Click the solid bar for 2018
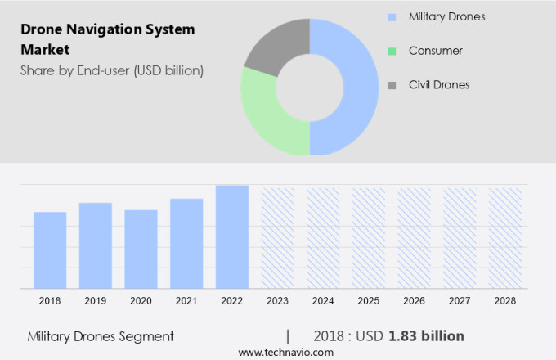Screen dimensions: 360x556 pyautogui.click(x=50, y=250)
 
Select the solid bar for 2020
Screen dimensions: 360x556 pyautogui.click(x=141, y=249)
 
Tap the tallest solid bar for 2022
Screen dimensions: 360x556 pyautogui.click(x=231, y=236)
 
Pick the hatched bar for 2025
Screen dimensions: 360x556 pyautogui.click(x=368, y=238)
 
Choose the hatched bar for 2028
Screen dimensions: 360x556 pyautogui.click(x=504, y=238)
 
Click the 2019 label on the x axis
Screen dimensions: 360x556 pyautogui.click(x=95, y=301)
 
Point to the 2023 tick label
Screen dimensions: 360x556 pyautogui.click(x=277, y=301)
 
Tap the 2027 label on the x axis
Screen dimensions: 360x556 pyautogui.click(x=460, y=301)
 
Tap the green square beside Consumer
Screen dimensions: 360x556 pyautogui.click(x=392, y=51)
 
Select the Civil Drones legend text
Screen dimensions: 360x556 pyautogui.click(x=440, y=84)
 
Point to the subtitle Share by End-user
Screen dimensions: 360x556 pyautogui.click(x=112, y=70)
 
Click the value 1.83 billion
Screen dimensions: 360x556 pyautogui.click(x=426, y=336)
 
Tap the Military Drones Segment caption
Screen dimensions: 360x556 pyautogui.click(x=101, y=336)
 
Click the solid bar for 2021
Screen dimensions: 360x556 pyautogui.click(x=186, y=243)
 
